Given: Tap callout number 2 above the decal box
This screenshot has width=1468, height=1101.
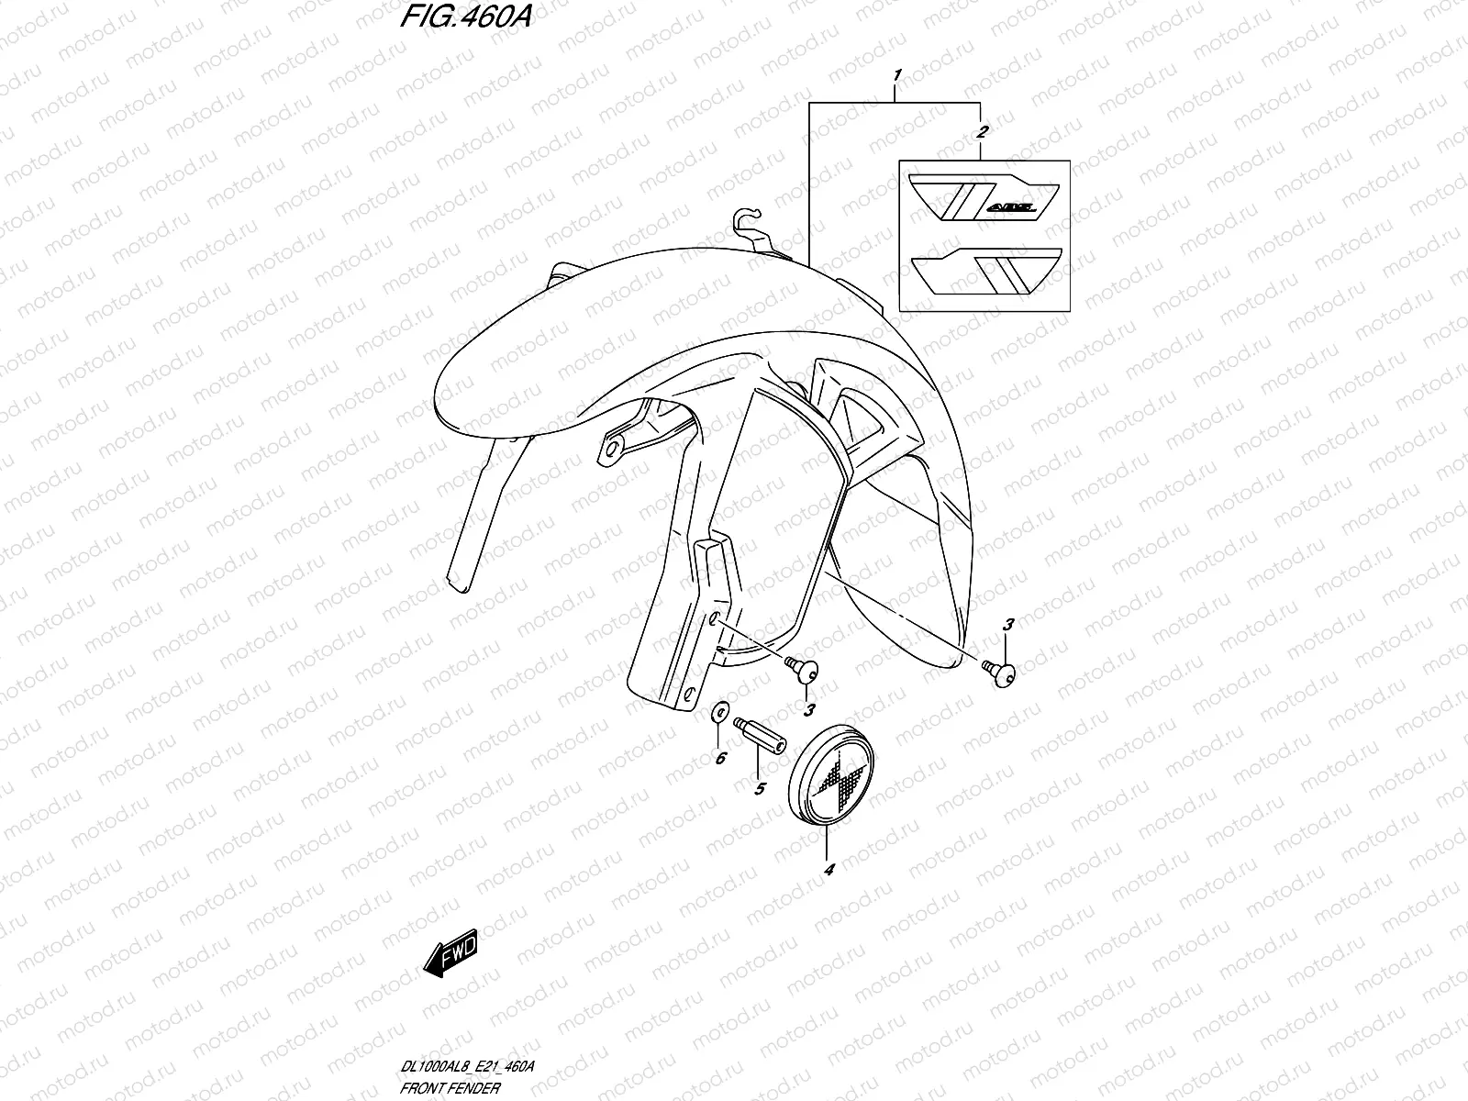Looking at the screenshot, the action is pyautogui.click(x=981, y=134).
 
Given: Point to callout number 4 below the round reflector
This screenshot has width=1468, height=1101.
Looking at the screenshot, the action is pyautogui.click(x=829, y=869).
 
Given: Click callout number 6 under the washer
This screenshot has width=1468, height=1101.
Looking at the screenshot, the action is pyautogui.click(x=720, y=758).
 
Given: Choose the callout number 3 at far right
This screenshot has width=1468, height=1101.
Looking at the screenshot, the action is pyautogui.click(x=1008, y=626).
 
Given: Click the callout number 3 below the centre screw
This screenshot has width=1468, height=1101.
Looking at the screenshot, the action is pyautogui.click(x=809, y=709).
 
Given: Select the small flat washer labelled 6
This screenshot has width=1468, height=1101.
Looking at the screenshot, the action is pyautogui.click(x=721, y=712).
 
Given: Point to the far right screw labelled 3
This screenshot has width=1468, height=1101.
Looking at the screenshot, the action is pyautogui.click(x=998, y=673).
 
